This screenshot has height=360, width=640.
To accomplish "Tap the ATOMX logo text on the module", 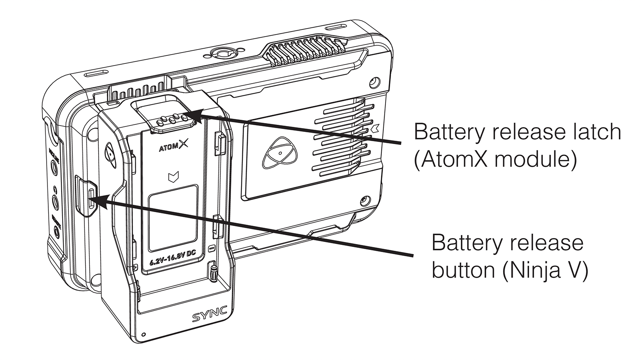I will [x=174, y=147].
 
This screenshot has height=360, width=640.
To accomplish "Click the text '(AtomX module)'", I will [x=495, y=160].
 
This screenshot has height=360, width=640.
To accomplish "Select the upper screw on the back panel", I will [x=372, y=81].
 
